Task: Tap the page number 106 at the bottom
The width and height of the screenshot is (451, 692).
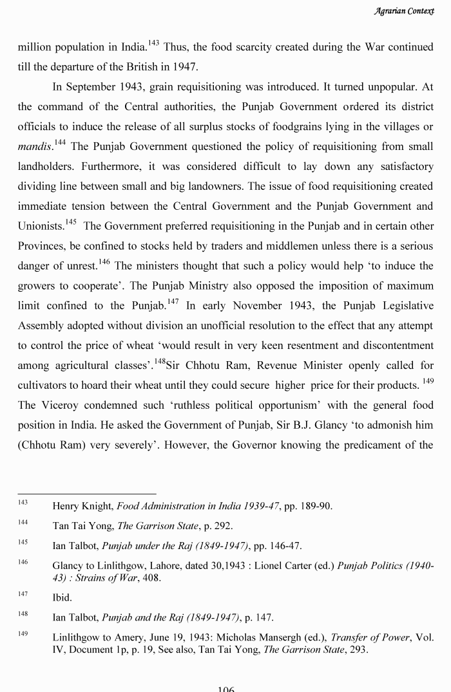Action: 225,688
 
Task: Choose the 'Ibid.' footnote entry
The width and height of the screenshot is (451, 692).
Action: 62,597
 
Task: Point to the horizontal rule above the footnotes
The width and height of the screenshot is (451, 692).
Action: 86,493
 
